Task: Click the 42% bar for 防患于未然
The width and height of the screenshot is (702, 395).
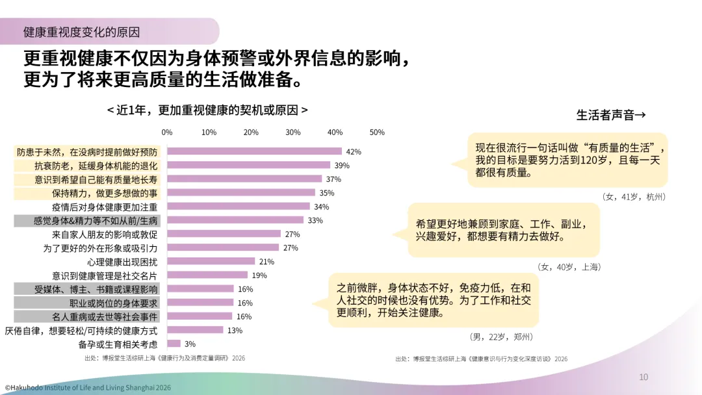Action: point(254,151)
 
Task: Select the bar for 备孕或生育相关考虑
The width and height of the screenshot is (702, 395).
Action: point(174,344)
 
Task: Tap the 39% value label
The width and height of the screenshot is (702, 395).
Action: point(342,166)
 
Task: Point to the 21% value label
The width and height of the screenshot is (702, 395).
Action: point(266,262)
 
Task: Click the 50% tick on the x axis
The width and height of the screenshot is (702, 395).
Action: point(377,133)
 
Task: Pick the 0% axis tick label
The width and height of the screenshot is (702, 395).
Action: point(167,133)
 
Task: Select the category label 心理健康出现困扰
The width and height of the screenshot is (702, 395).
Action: point(122,262)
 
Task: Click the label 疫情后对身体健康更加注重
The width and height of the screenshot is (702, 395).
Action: point(105,207)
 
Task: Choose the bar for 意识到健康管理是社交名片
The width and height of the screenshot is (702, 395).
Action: point(207,275)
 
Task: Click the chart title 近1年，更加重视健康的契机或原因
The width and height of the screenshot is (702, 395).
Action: point(207,110)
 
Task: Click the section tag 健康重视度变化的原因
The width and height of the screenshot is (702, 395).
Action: point(81,32)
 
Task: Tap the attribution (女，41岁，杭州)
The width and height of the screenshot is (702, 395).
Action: point(634,197)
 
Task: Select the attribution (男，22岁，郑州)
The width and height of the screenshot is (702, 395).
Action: point(501,337)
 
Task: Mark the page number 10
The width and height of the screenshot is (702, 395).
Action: point(643,377)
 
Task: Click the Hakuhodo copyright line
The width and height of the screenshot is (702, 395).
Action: point(88,388)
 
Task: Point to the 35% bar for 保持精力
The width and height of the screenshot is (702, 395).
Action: point(241,192)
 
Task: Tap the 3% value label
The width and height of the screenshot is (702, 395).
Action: point(190,344)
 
